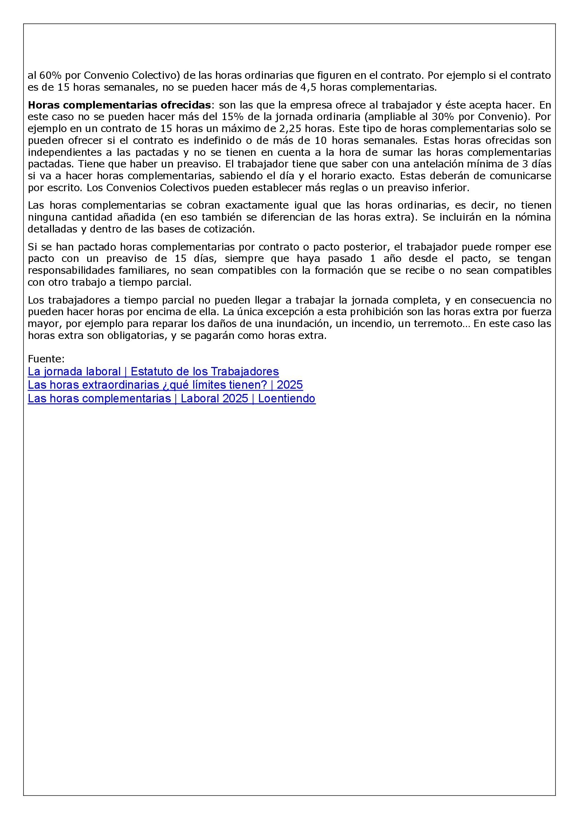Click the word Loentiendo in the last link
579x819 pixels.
[287, 398]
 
